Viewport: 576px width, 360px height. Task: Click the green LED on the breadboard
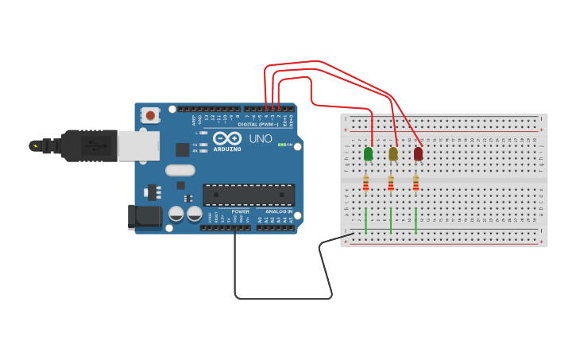(368, 153)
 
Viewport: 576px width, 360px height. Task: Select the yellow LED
(392, 154)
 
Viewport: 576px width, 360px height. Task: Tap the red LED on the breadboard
(418, 153)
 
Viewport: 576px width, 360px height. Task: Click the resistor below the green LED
(365, 184)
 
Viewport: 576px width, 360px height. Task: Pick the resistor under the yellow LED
(390, 184)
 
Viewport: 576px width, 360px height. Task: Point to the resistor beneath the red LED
(416, 184)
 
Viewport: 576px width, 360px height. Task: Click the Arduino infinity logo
(226, 138)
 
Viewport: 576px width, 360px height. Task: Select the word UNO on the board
(261, 138)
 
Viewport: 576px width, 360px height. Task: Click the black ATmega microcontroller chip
(249, 195)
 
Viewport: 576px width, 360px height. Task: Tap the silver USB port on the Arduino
(138, 145)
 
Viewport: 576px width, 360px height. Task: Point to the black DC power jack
(145, 217)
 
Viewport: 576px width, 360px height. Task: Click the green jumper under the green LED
(365, 219)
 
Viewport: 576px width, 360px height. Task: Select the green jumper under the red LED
(416, 219)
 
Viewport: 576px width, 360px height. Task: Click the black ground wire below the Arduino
(282, 298)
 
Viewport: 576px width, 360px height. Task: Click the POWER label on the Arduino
(240, 211)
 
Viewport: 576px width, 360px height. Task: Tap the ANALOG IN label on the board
(279, 211)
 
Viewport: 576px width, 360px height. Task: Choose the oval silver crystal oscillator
(180, 169)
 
